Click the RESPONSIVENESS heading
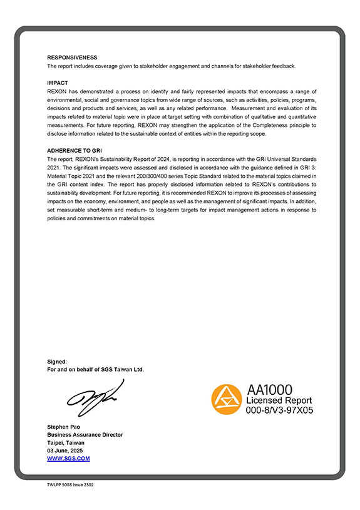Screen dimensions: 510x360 72,58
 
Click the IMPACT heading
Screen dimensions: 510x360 58,83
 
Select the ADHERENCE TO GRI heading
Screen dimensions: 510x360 75,151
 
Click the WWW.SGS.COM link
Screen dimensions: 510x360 68,459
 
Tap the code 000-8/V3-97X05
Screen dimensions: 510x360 279,411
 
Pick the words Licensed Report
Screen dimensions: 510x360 279,400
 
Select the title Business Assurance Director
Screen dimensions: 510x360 85,435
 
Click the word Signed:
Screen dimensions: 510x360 58,362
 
